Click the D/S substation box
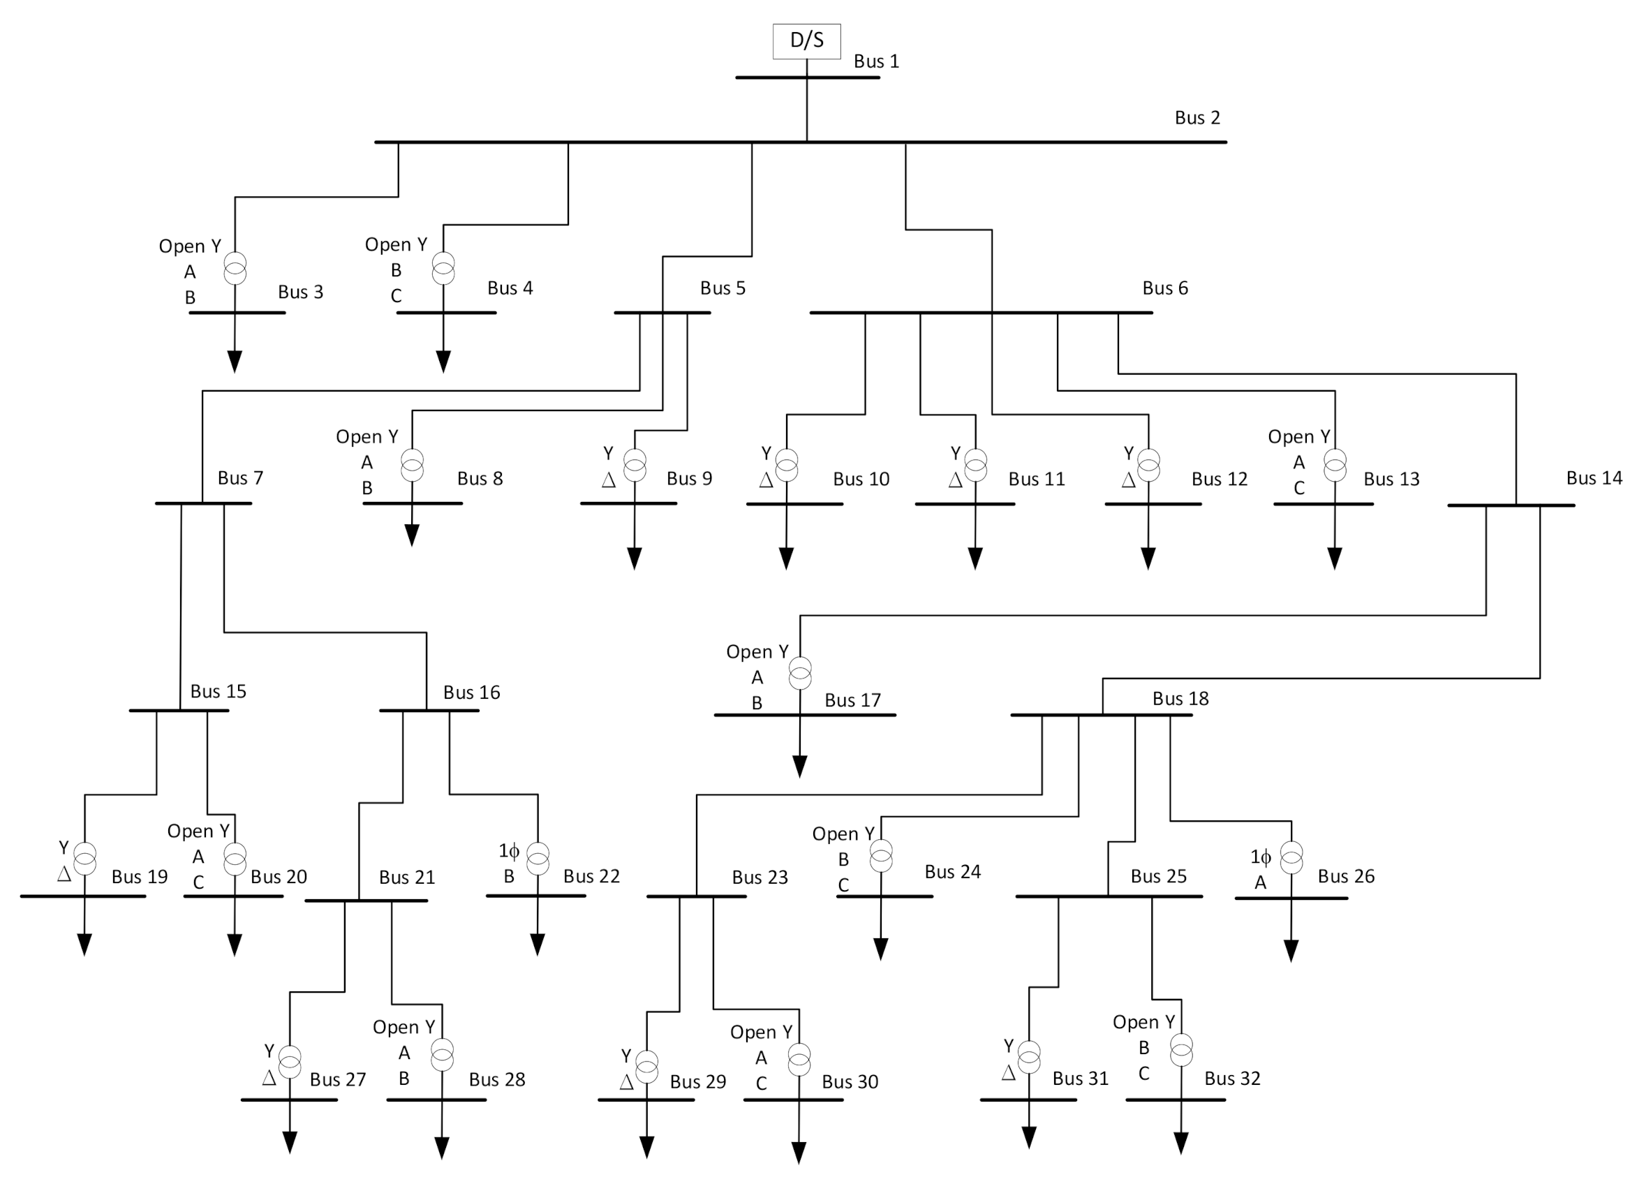pos(806,40)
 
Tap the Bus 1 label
pos(875,61)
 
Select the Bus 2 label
pos(1197,117)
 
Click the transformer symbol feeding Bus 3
pos(235,268)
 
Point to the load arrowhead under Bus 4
pos(443,361)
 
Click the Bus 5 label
pos(722,288)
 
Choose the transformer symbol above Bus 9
pos(635,466)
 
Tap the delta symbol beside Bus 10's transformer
pos(767,480)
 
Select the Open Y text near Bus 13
pos(1298,436)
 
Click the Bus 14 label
pos(1593,478)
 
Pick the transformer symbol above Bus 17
pos(799,673)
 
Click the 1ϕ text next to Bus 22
pos(509,851)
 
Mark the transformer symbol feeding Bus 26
pos(1291,857)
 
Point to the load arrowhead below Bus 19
pos(84,945)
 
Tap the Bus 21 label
pos(407,877)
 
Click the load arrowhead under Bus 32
pos(1180,1142)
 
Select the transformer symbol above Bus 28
pos(441,1055)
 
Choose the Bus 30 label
pos(850,1081)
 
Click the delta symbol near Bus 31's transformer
pos(1008,1073)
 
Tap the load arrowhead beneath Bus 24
pos(881,949)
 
